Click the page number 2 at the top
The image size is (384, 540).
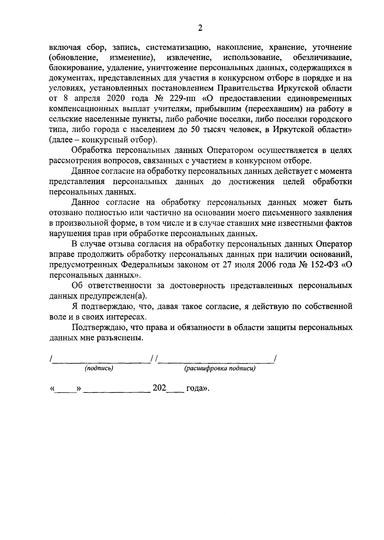tap(200, 28)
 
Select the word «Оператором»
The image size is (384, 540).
tap(230, 151)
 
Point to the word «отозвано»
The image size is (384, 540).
tap(67, 213)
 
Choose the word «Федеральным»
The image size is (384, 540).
tap(148, 265)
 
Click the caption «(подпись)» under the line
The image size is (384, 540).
tap(99, 368)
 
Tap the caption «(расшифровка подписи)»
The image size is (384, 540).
tap(220, 368)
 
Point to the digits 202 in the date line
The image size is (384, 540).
tap(159, 388)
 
